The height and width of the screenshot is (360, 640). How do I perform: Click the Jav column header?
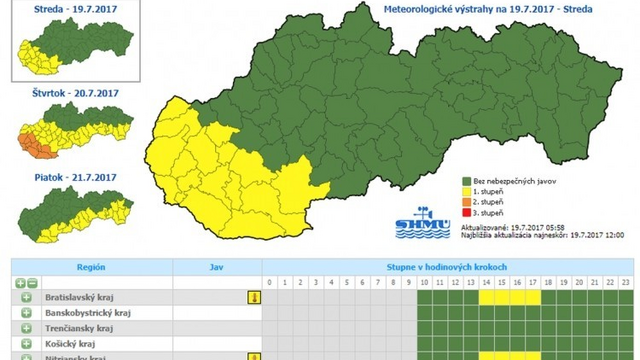tap(216, 268)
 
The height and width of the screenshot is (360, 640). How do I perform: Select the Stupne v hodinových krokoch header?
tap(448, 268)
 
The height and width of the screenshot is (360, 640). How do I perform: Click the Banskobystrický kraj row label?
tap(94, 313)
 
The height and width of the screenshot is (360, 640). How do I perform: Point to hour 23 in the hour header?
tap(625, 283)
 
